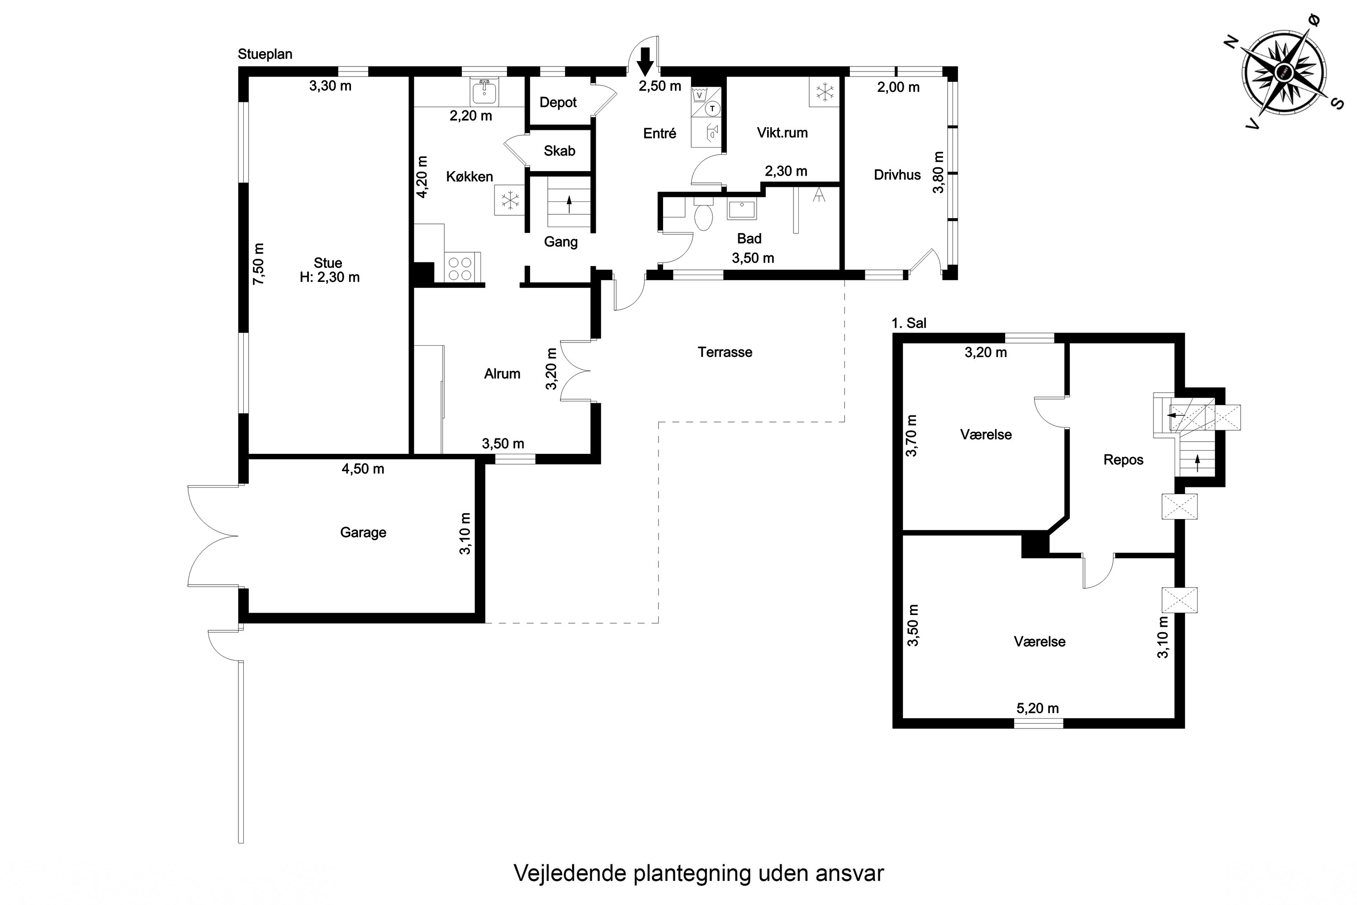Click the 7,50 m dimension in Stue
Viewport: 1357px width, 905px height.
pos(259,264)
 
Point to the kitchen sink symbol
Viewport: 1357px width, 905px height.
pos(484,90)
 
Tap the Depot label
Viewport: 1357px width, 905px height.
pos(558,103)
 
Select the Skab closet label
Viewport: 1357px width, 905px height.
pos(559,151)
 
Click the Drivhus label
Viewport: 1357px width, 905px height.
pos(897,175)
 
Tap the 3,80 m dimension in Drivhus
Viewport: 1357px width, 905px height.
pos(939,172)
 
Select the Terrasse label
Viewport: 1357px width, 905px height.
pos(725,352)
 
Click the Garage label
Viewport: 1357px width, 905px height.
pos(363,532)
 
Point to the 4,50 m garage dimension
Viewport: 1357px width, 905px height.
pos(362,469)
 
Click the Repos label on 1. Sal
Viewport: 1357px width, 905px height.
pos(1123,460)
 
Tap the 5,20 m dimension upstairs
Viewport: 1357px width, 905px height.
pos(1037,708)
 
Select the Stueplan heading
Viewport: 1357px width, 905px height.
pos(265,54)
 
